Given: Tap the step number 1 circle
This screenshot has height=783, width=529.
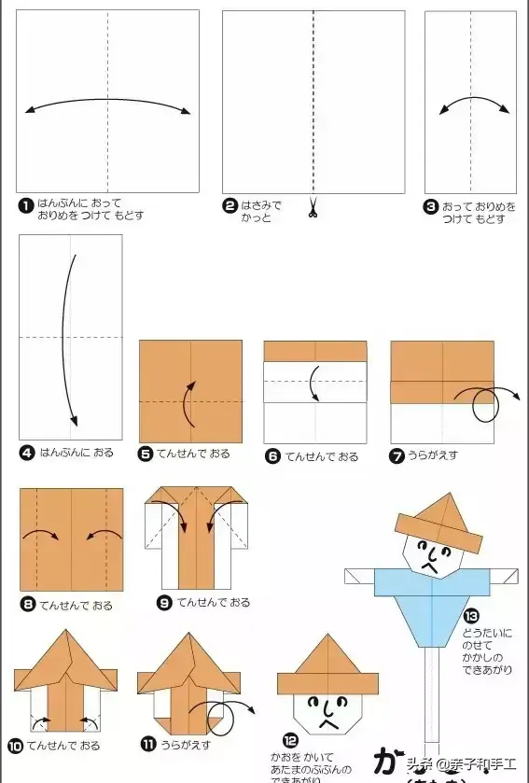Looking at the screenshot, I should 26,203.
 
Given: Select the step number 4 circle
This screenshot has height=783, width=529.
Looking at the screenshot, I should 26,453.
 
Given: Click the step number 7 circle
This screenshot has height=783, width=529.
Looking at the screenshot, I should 398,455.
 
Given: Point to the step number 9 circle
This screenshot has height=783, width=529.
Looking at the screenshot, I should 164,603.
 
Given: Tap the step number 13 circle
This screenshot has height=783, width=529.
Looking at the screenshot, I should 470,616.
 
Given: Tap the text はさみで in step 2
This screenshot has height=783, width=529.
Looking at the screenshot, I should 261,205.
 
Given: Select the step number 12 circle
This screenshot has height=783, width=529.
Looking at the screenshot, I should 290,741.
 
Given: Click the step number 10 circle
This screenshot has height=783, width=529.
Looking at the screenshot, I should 16,746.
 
